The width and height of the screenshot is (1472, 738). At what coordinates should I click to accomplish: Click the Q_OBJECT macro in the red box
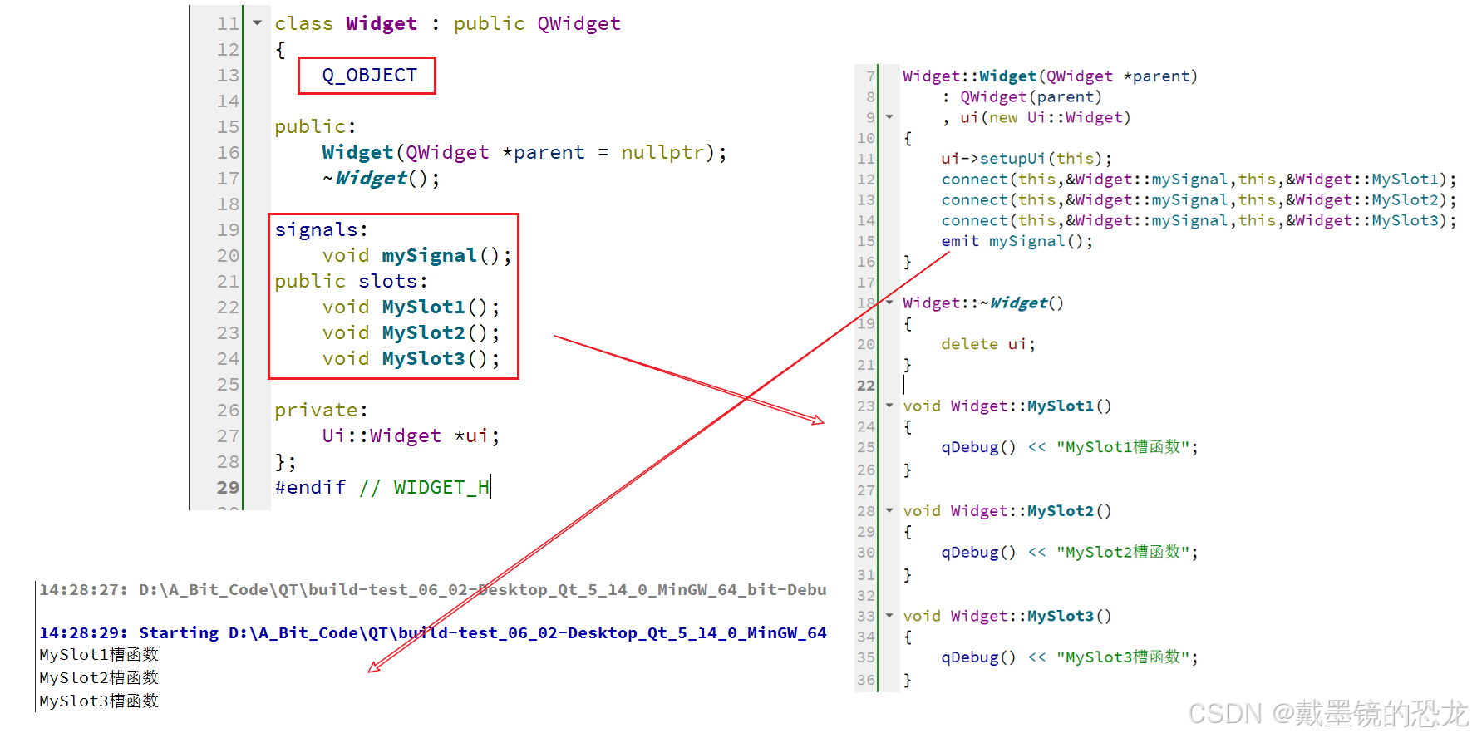click(x=369, y=76)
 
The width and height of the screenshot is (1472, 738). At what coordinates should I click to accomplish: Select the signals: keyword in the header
click(x=321, y=230)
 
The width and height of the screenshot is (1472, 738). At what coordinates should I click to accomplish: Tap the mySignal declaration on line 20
click(x=429, y=256)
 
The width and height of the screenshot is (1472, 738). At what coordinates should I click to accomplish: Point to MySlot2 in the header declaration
click(x=423, y=333)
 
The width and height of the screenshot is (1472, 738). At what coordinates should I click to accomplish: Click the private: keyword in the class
click(x=321, y=411)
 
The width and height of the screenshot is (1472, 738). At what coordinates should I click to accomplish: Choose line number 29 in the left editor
click(x=228, y=488)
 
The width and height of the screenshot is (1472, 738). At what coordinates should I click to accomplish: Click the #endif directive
click(x=310, y=488)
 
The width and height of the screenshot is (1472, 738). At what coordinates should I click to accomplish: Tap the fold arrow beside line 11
click(x=258, y=23)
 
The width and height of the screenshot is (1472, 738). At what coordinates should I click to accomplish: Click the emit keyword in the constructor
click(x=960, y=241)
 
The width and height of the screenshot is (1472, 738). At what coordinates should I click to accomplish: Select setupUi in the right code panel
click(x=1012, y=159)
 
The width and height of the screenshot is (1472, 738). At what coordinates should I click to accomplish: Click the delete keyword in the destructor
click(x=969, y=344)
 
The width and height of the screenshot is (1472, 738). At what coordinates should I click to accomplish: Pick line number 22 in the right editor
click(x=866, y=386)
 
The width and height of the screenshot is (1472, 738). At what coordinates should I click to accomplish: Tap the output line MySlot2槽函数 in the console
click(x=99, y=678)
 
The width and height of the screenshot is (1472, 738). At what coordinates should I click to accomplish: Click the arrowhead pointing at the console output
click(x=374, y=667)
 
